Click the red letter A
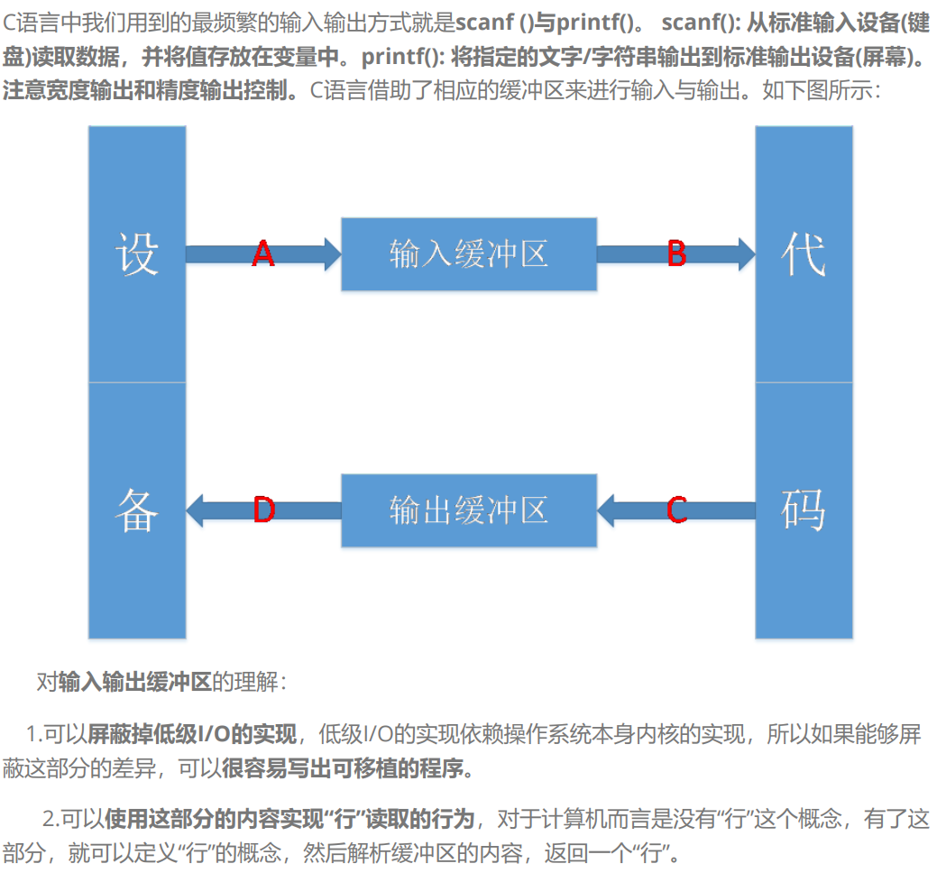[262, 254]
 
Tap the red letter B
[676, 254]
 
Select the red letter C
[676, 510]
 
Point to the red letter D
[263, 510]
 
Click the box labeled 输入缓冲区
[469, 254]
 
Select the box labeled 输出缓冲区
[469, 510]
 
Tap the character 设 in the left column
[137, 254]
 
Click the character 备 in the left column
[137, 510]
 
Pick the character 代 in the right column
[803, 254]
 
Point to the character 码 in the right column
[803, 510]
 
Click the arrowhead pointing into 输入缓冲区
[331, 254]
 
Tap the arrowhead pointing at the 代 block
[744, 254]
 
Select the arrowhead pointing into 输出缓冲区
[608, 510]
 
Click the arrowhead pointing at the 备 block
[196, 510]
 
